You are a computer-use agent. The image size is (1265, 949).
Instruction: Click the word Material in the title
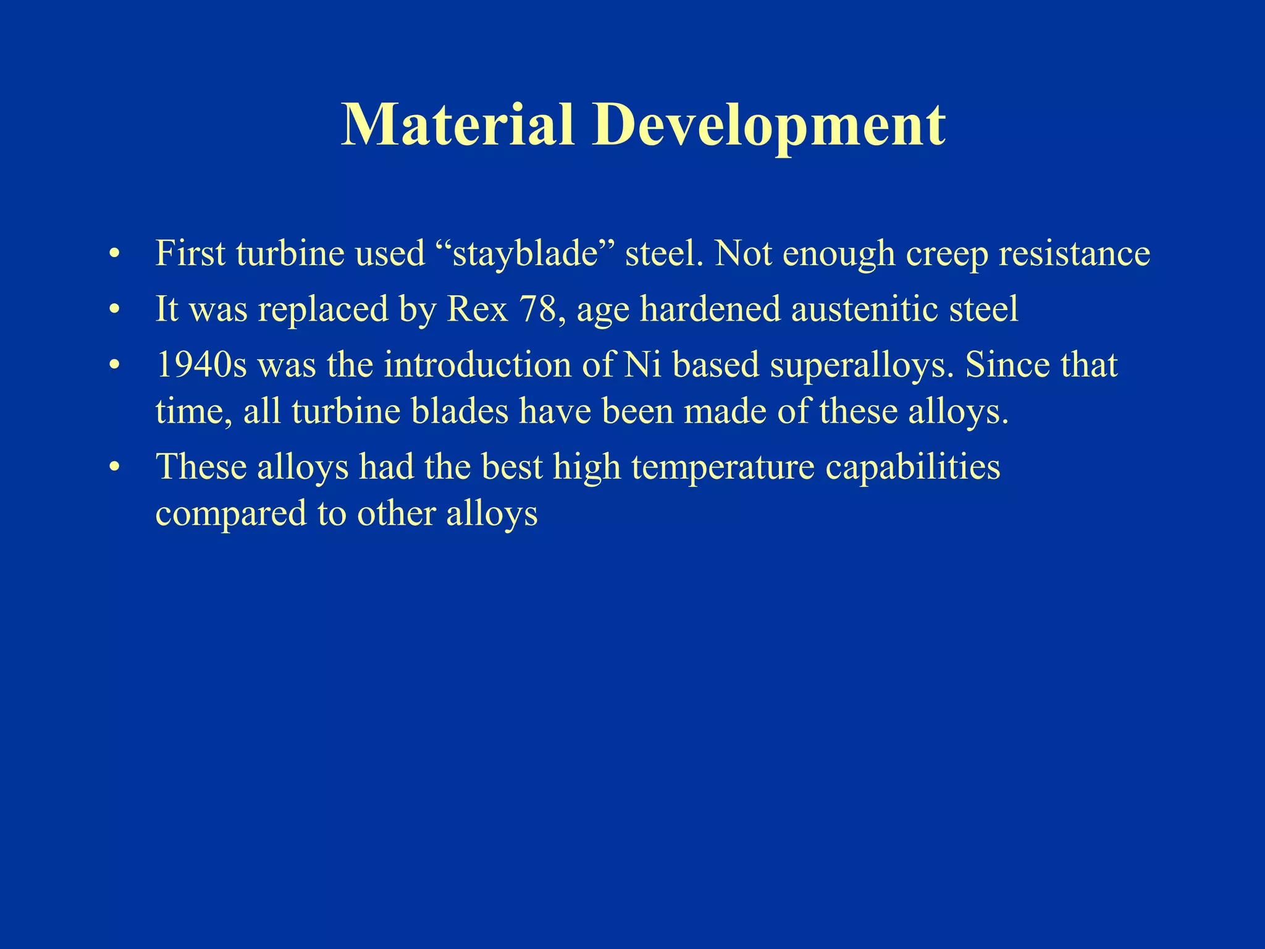coord(458,125)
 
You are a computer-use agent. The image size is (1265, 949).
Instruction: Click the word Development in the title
coord(768,125)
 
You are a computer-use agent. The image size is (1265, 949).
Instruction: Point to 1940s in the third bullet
coord(201,365)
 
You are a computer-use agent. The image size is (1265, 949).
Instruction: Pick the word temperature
coord(723,467)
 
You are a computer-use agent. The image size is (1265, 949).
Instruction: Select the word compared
coord(230,515)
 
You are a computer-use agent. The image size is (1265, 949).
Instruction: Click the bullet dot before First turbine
coord(113,255)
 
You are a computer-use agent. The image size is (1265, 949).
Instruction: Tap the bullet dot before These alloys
coord(113,468)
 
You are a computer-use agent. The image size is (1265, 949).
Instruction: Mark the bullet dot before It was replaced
coord(113,310)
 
